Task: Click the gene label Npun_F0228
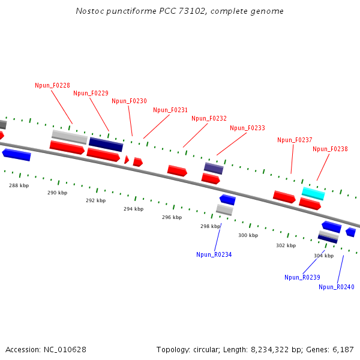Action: [52, 85]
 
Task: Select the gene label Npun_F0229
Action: [91, 93]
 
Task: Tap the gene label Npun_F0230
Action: [129, 101]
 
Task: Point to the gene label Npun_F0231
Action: [170, 110]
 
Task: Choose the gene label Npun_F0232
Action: [209, 118]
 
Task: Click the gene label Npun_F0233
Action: [247, 128]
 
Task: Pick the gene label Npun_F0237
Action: [295, 140]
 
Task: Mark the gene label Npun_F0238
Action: [330, 149]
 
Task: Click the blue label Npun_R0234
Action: [214, 254]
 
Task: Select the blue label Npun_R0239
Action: [302, 277]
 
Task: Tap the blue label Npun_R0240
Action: [336, 287]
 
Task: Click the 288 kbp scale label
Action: [19, 185]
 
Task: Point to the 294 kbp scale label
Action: [133, 209]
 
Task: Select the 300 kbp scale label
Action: [248, 235]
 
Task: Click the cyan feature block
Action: [313, 193]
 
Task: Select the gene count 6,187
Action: [343, 349]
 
